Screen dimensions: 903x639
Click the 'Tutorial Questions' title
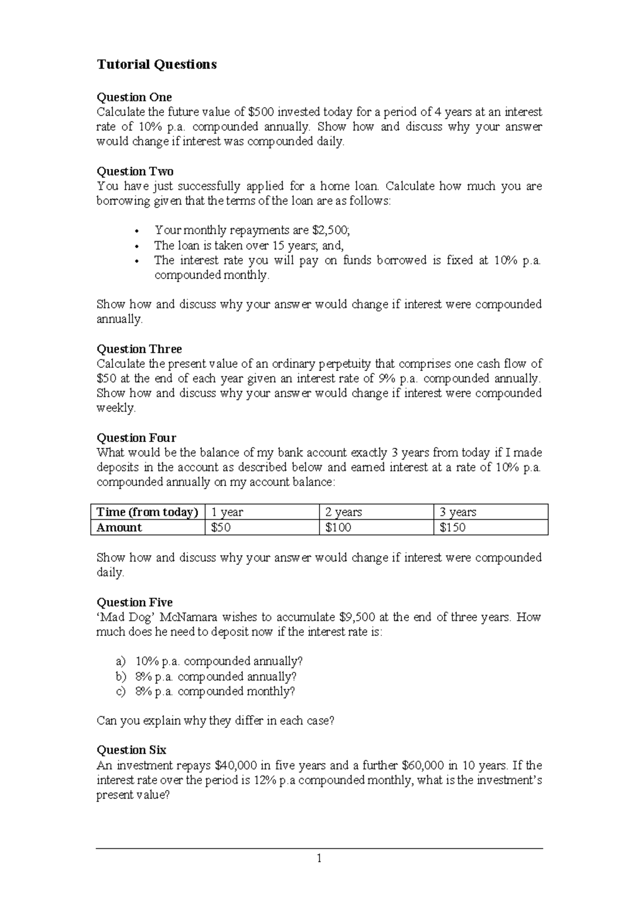(157, 64)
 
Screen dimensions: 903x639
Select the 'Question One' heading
(134, 97)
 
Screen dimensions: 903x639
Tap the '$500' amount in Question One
(261, 112)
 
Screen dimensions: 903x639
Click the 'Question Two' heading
(135, 171)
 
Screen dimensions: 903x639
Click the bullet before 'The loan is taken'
(137, 247)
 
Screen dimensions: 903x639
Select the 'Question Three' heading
(139, 349)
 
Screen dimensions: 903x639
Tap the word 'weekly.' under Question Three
(116, 408)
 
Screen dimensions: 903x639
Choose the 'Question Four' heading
(136, 438)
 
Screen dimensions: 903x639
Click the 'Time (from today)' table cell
(148, 512)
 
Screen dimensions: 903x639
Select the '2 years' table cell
(343, 512)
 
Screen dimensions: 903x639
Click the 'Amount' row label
(119, 528)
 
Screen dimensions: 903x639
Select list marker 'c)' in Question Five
(121, 691)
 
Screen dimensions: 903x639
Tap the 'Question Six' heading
(131, 750)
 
